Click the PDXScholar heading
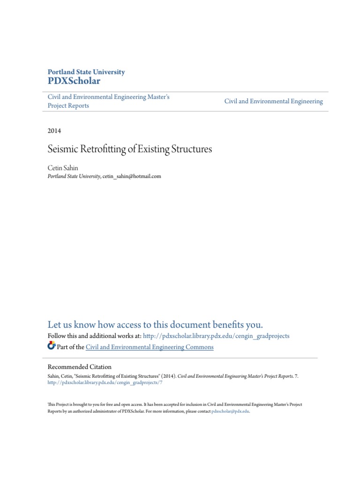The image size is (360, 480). [x=74, y=81]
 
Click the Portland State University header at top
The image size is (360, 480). [x=86, y=72]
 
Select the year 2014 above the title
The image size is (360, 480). [x=54, y=131]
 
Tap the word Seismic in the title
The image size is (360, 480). [x=60, y=150]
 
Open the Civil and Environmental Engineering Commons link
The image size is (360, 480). [x=150, y=347]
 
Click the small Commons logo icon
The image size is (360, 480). [x=52, y=346]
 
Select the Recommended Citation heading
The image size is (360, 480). [x=80, y=367]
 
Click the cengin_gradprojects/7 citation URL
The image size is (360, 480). [x=105, y=382]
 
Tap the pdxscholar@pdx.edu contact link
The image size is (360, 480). [x=231, y=411]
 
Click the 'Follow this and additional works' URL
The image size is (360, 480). [x=216, y=336]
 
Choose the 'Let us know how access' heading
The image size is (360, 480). [x=155, y=324]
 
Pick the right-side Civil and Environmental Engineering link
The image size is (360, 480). [x=273, y=101]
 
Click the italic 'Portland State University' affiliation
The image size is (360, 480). [x=74, y=176]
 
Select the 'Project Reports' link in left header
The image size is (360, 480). [x=68, y=106]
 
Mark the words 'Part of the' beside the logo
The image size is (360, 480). [x=70, y=347]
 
